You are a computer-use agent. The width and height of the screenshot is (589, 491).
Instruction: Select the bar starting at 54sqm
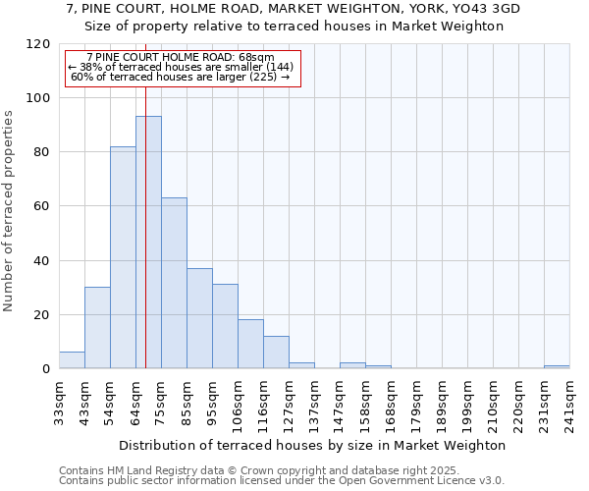(123, 257)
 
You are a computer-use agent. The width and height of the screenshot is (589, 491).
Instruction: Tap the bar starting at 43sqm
(97, 328)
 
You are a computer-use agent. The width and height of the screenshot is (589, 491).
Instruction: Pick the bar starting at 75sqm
(174, 283)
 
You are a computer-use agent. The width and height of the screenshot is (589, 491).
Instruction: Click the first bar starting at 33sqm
(72, 360)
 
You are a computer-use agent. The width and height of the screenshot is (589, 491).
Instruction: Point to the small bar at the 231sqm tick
(557, 367)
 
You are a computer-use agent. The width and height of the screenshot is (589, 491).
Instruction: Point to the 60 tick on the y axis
(42, 206)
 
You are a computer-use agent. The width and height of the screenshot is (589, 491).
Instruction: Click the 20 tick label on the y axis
(42, 315)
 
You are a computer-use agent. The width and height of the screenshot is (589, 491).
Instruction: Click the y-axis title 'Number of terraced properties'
(9, 210)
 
